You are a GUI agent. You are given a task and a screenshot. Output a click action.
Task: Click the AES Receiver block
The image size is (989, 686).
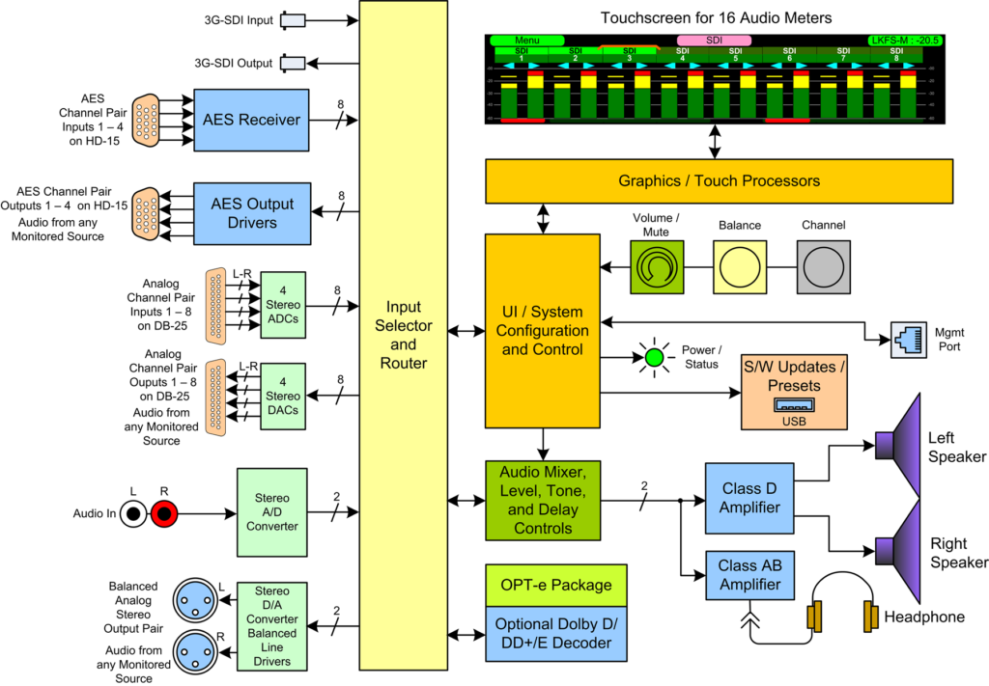pos(251,120)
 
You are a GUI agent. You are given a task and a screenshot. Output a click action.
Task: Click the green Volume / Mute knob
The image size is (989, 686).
pos(657,267)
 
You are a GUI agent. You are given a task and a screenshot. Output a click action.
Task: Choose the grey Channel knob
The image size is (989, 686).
pos(823,267)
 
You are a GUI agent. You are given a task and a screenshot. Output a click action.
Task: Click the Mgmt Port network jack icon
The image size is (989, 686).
pos(909,340)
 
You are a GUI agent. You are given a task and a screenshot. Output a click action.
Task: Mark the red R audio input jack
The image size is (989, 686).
pos(164,515)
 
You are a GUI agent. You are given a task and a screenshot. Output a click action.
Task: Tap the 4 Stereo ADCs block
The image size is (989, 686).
pos(283,305)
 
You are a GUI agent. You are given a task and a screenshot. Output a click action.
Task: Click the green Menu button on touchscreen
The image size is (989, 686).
pos(526,41)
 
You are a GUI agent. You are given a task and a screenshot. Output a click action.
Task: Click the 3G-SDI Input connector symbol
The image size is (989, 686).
pos(292,19)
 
